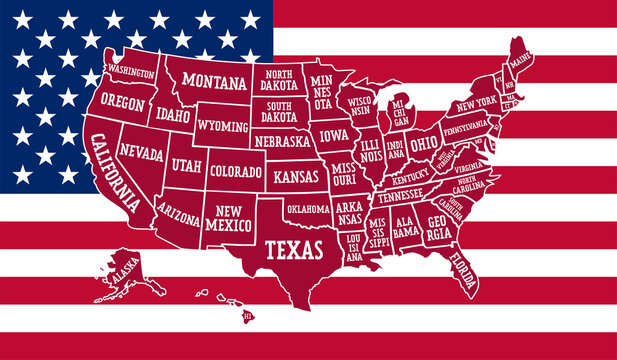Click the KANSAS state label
[x=295, y=176]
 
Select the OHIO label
[x=424, y=144]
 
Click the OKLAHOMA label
[x=307, y=209]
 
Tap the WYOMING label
[x=222, y=127]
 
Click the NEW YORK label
[x=477, y=104]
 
